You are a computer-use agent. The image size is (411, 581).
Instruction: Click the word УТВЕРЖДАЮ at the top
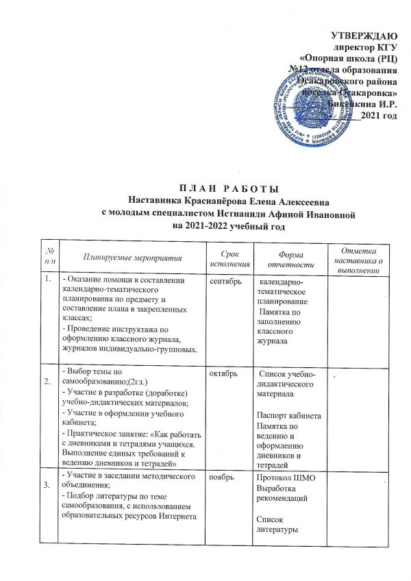pyautogui.click(x=364, y=34)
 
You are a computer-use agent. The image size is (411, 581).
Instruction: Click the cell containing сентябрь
pyautogui.click(x=218, y=281)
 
